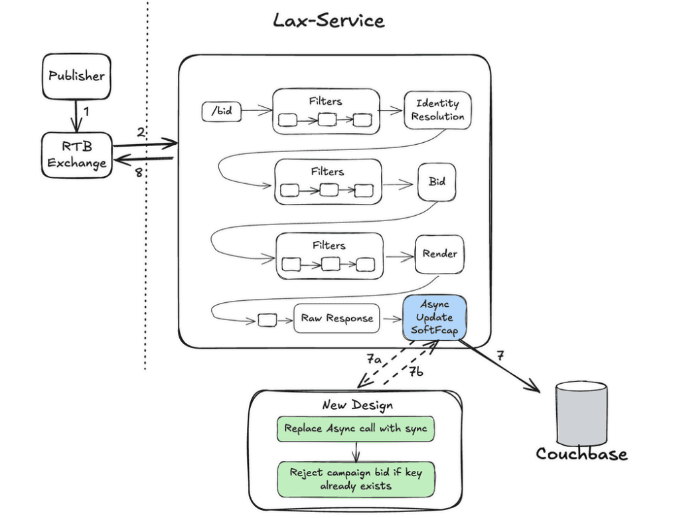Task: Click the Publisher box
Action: click(76, 76)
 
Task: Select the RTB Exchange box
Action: click(77, 155)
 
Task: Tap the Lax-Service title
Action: click(329, 20)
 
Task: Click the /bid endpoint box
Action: click(221, 112)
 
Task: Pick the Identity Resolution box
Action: click(437, 110)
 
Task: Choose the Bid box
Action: click(437, 181)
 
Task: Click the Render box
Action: click(439, 254)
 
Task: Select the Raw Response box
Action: click(337, 319)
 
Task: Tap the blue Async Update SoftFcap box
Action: click(434, 319)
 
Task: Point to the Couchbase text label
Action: click(581, 454)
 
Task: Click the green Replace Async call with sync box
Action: click(355, 428)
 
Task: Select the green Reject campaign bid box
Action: click(355, 479)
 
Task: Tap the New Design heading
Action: click(357, 405)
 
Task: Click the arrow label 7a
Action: click(374, 359)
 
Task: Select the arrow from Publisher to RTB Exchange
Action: click(77, 116)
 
